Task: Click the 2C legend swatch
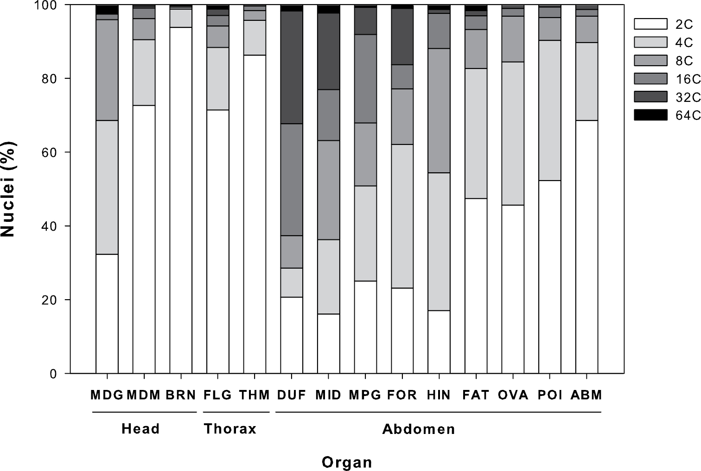pos(650,24)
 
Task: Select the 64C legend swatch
pos(650,115)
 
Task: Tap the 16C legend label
pos(688,79)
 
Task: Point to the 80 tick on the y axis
pos(67,78)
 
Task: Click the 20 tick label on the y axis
pos(49,300)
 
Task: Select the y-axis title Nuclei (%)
pos(8,189)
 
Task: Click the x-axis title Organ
pos(347,462)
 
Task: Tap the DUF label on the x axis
pos(292,395)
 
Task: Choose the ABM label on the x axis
pos(586,395)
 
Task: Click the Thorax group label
pos(230,429)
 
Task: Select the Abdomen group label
pos(418,429)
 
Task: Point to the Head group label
pos(140,429)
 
